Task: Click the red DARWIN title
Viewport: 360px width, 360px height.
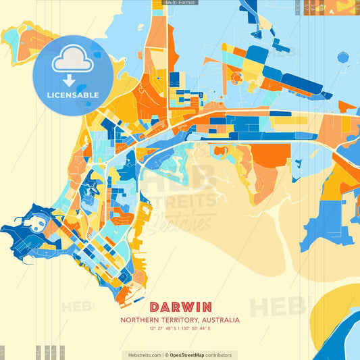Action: tap(180, 307)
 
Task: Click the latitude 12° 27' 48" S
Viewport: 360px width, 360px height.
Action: tap(161, 328)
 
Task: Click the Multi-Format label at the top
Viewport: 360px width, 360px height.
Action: tap(180, 3)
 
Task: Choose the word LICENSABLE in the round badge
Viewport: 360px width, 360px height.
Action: tap(73, 95)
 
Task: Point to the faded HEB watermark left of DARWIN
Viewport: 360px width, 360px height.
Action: tap(78, 307)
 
